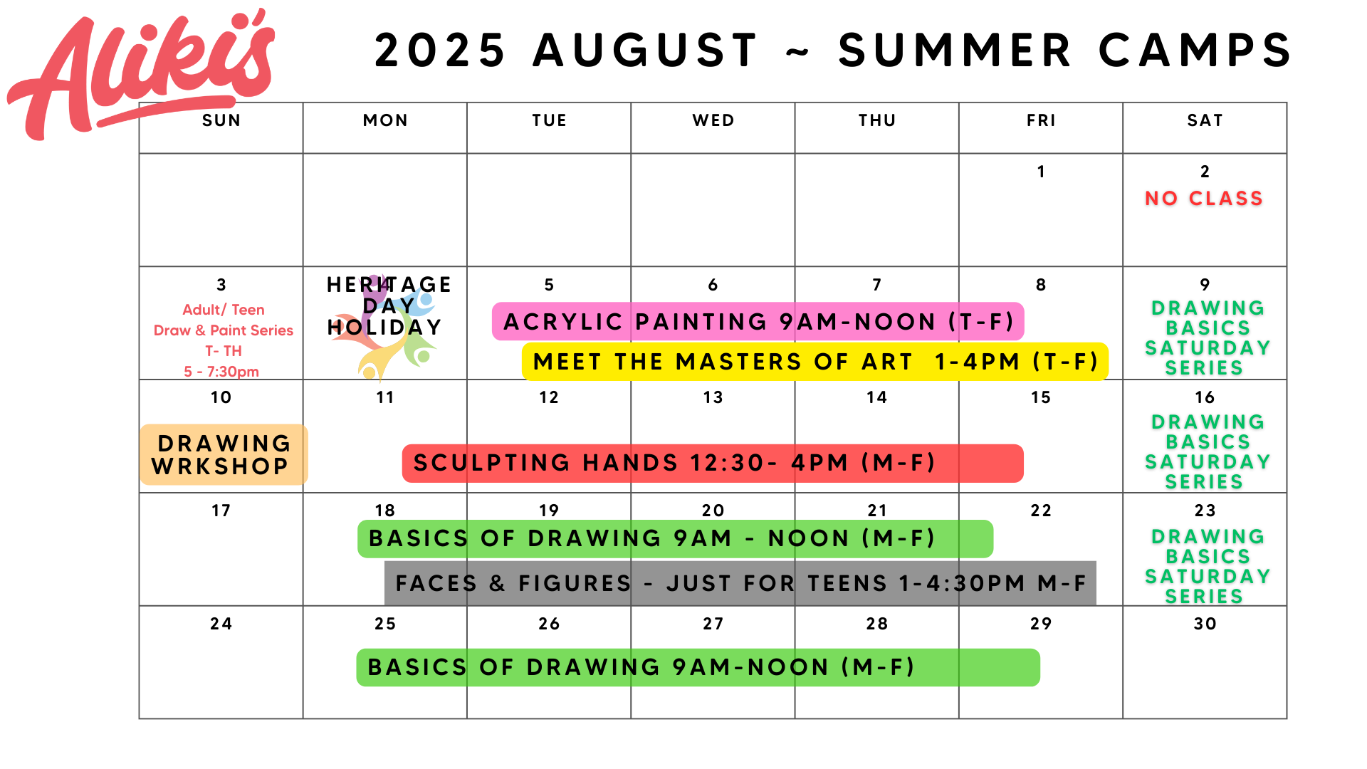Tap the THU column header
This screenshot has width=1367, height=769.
(x=877, y=120)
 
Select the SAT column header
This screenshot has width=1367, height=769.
(x=1205, y=120)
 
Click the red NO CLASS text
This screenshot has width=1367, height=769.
(x=1204, y=198)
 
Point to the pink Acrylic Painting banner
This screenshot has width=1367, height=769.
(x=758, y=322)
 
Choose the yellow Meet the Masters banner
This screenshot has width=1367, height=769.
(x=815, y=362)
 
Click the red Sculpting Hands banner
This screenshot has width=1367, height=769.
(x=713, y=464)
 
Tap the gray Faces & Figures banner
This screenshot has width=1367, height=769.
(x=740, y=583)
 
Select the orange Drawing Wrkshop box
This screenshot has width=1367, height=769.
(x=224, y=455)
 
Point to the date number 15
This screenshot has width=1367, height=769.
(x=1041, y=397)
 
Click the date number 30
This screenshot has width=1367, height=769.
(x=1205, y=624)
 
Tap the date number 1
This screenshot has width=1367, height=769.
(x=1041, y=172)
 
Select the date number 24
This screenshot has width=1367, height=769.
(x=221, y=624)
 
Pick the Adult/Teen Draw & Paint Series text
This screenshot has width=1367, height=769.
(x=223, y=340)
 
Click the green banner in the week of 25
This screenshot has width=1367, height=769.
(x=698, y=667)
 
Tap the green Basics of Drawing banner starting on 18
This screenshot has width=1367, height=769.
(x=675, y=539)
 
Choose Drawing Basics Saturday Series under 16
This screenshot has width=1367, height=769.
(x=1207, y=451)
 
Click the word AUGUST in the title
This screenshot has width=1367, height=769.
(x=645, y=51)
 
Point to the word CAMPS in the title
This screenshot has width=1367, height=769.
(x=1195, y=51)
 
